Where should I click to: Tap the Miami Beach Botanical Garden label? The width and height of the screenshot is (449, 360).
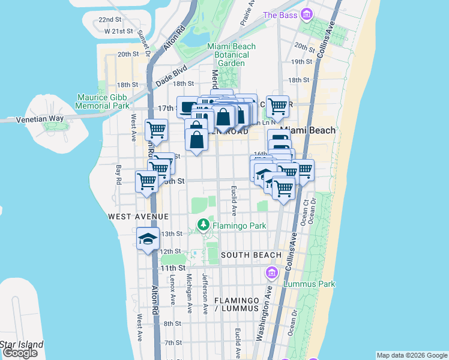click(x=231, y=55)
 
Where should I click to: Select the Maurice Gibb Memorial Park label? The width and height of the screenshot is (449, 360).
click(x=103, y=101)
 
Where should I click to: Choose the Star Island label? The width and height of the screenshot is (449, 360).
click(x=22, y=344)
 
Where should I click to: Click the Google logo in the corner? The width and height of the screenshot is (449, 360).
click(x=20, y=353)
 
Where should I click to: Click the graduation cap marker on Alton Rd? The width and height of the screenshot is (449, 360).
click(x=148, y=239)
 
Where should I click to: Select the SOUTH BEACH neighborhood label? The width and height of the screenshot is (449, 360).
click(x=243, y=255)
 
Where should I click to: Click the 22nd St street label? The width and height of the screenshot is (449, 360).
click(x=111, y=20)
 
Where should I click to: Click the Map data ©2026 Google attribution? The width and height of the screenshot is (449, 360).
click(x=412, y=355)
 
